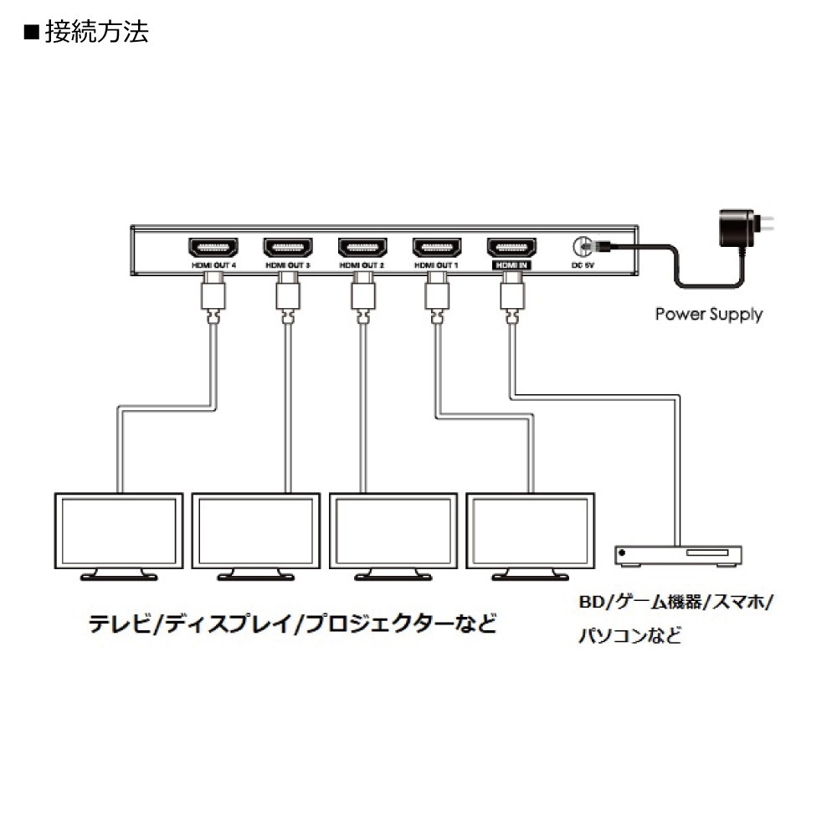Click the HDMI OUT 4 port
213,248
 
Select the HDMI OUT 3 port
288,248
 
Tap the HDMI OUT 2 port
362,248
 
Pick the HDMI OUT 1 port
437,248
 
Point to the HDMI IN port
512,248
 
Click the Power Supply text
708,315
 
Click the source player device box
679,554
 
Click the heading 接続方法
97,33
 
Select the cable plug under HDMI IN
512,296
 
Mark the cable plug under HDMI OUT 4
213,296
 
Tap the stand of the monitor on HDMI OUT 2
393,575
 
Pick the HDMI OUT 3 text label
288,265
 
